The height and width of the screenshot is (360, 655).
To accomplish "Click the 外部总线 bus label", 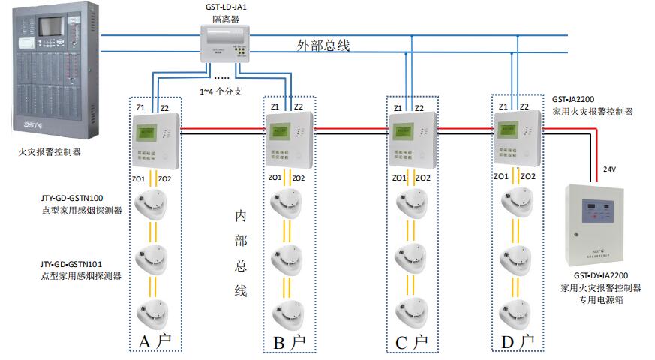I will click(323, 45).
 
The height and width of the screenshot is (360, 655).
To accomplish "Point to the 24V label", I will click(610, 169).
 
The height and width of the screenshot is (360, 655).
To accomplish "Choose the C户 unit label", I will click(411, 343).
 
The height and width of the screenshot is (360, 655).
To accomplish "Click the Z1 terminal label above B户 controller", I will click(275, 106).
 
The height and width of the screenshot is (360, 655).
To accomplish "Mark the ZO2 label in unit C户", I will click(423, 178).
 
